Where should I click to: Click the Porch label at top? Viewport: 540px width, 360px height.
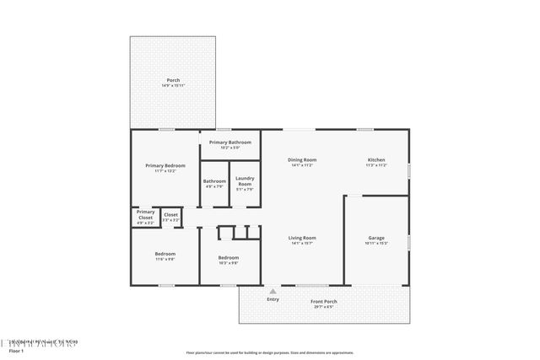click(173, 80)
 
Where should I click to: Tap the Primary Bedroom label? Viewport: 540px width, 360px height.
click(165, 165)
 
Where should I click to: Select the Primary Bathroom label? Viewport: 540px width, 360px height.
click(230, 142)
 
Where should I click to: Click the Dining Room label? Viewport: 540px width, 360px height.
click(302, 159)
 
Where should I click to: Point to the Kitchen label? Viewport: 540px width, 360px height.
click(376, 159)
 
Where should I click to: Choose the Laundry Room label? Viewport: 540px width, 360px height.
click(245, 180)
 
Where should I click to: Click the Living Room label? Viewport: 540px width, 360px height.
click(302, 238)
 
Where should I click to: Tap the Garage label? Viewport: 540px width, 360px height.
click(376, 238)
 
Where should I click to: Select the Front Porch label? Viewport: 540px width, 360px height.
click(324, 302)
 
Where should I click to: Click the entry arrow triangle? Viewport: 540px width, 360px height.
click(273, 291)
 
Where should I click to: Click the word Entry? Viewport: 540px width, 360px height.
click(273, 299)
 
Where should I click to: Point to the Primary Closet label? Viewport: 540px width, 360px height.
click(145, 214)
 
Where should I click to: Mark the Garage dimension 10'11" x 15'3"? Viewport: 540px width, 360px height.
click(376, 244)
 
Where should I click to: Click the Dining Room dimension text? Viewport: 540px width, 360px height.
click(302, 165)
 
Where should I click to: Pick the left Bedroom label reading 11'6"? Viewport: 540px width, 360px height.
click(165, 254)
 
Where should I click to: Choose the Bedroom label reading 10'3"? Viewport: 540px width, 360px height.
click(229, 258)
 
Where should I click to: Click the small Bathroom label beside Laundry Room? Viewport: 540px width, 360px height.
click(214, 181)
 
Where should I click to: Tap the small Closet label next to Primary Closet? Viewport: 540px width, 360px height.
click(170, 215)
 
